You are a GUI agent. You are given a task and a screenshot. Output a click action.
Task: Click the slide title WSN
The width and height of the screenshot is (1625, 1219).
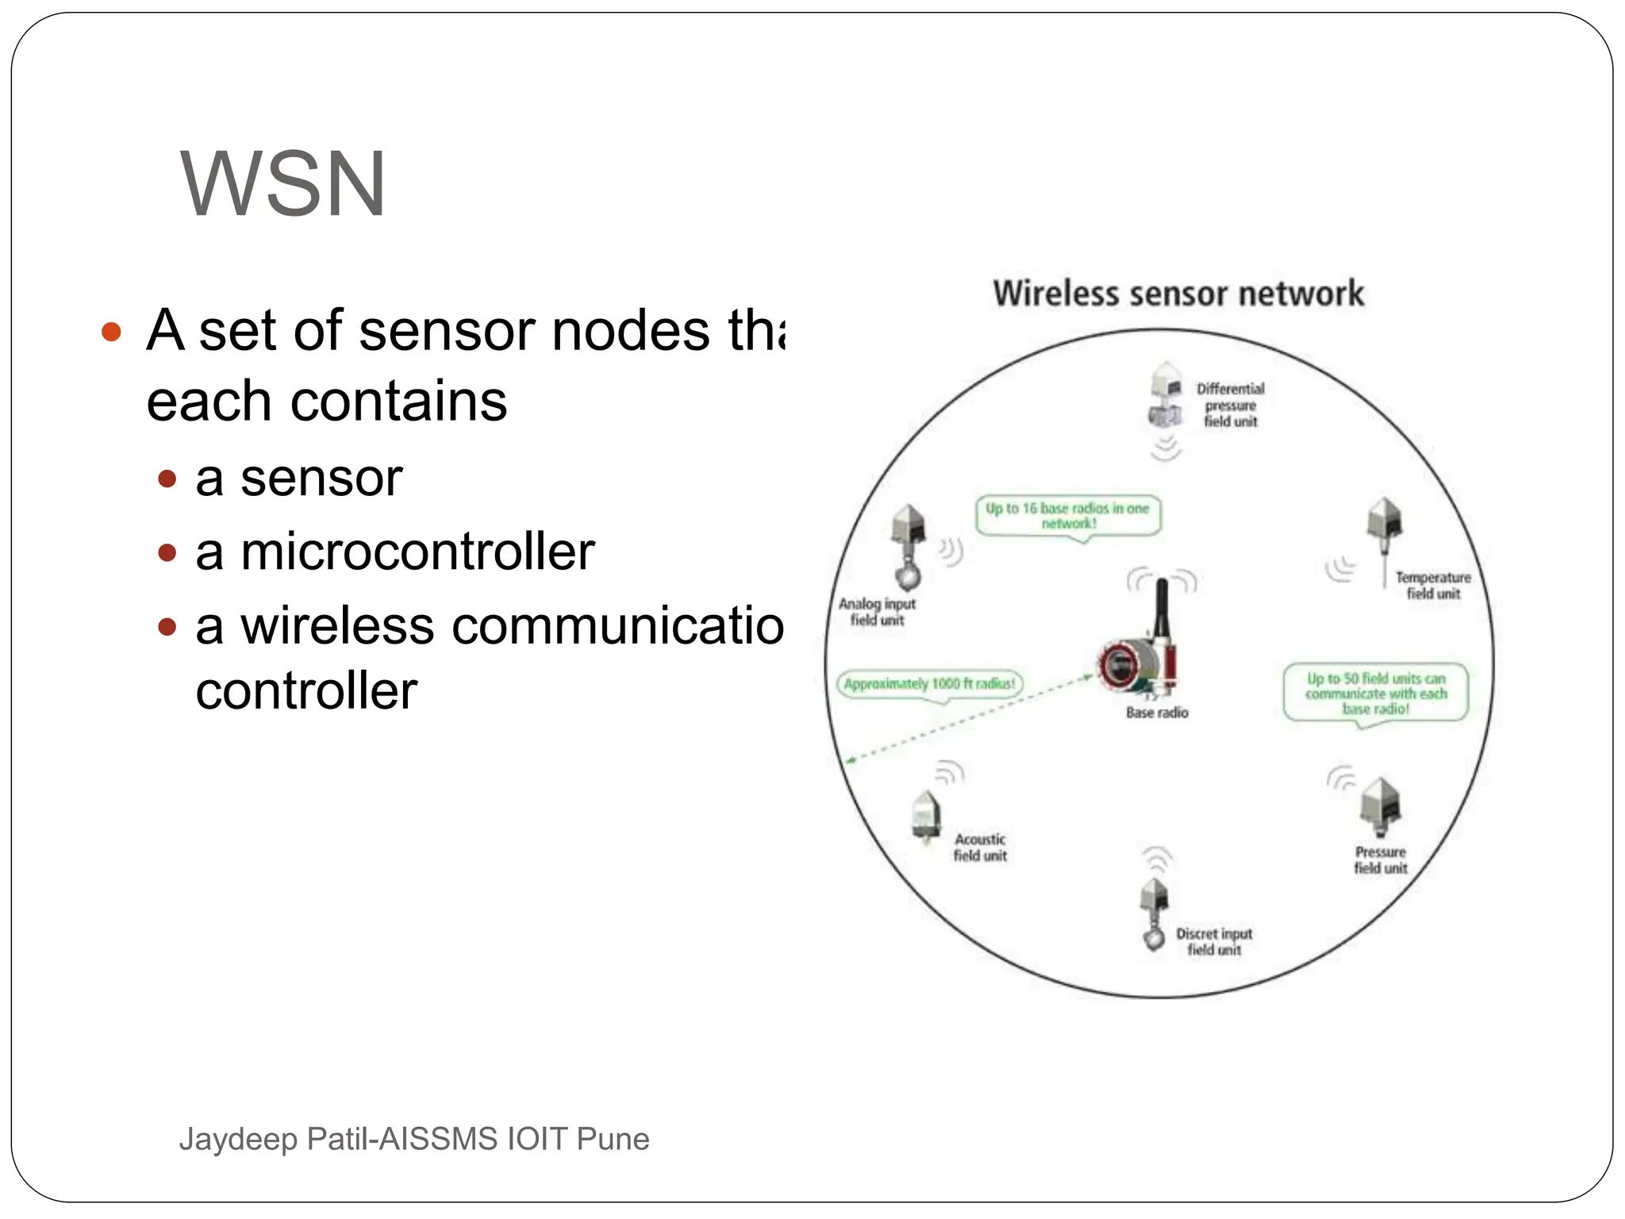point(283,184)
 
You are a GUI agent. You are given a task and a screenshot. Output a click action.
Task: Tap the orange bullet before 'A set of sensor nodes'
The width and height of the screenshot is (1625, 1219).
point(111,331)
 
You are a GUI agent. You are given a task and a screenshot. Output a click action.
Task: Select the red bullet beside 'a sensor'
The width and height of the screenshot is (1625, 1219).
point(167,479)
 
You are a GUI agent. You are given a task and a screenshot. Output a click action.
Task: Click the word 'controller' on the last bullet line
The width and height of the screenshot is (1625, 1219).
point(306,690)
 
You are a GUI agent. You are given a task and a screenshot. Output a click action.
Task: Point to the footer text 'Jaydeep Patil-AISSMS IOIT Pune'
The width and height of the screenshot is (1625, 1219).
point(414,1139)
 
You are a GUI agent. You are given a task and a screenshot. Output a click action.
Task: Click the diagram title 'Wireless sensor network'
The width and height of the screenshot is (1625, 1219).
point(1178,294)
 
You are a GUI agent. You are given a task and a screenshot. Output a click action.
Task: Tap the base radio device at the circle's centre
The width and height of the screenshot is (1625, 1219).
point(1139,663)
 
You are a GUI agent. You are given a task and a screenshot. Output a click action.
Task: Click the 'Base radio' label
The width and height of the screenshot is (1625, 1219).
point(1157,713)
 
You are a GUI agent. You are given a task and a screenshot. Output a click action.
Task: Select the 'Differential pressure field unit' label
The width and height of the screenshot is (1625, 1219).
point(1231,405)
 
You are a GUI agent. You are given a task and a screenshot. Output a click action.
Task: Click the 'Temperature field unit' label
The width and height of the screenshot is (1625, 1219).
point(1433,586)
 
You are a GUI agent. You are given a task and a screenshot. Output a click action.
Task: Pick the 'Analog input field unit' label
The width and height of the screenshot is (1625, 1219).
point(877,612)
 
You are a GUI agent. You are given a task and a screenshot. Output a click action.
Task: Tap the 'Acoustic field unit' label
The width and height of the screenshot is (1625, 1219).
point(980,848)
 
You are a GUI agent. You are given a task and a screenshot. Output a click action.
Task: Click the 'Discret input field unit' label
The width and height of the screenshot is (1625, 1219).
point(1214,942)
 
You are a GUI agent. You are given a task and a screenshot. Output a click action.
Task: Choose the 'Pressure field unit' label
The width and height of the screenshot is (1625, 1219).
point(1381,860)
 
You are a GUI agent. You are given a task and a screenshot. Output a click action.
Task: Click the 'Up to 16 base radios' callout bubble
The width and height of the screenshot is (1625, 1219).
point(1068,515)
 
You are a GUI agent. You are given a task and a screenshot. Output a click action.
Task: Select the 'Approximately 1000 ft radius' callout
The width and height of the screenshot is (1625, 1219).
point(929,683)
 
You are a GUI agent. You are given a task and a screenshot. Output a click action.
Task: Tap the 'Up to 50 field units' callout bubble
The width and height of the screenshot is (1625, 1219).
point(1376,693)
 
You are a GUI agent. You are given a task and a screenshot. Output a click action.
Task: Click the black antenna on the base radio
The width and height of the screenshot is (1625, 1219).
point(1162,607)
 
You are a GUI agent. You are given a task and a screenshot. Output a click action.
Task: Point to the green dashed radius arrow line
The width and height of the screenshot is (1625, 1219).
point(968,718)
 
